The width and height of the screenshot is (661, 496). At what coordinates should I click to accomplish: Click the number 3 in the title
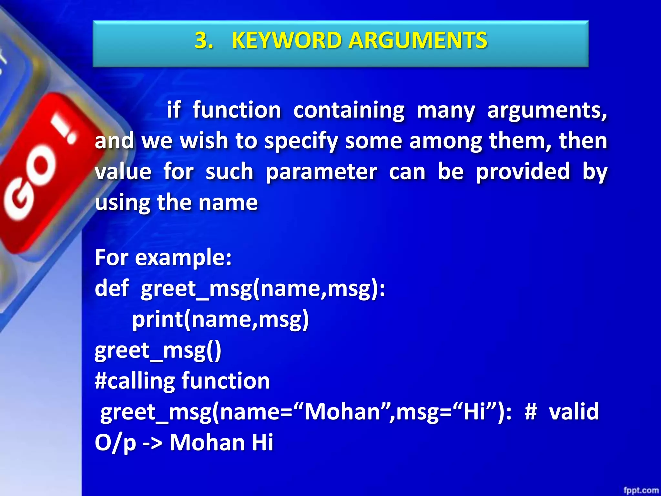point(203,41)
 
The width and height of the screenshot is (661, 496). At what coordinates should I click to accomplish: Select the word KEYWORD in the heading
point(287,41)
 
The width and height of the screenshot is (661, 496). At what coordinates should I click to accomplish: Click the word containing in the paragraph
point(349,110)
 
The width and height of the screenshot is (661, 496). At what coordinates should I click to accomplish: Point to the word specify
point(301,141)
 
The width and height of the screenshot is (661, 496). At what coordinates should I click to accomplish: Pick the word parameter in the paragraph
point(321,172)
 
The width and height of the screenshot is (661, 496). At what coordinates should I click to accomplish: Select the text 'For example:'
point(163,258)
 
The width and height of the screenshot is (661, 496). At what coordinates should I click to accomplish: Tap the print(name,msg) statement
point(220,319)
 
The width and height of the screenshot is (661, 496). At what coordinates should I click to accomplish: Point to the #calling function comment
point(182,381)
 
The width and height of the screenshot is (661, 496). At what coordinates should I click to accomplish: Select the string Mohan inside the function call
point(342,412)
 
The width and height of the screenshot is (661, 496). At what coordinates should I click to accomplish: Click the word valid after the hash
point(574,412)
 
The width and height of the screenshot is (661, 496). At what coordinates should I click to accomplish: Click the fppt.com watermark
point(641,490)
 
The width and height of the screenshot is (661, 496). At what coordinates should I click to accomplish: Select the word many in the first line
point(446,111)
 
